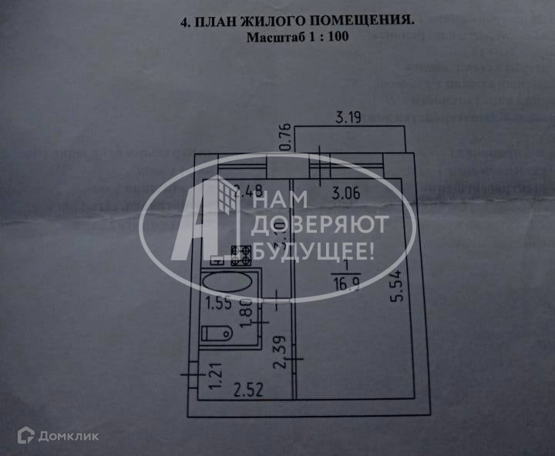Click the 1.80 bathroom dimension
tap(245, 311)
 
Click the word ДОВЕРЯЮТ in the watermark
tap(316, 225)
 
